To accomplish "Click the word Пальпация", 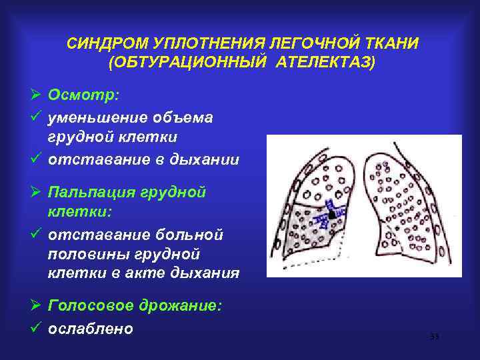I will pos(99,193).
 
